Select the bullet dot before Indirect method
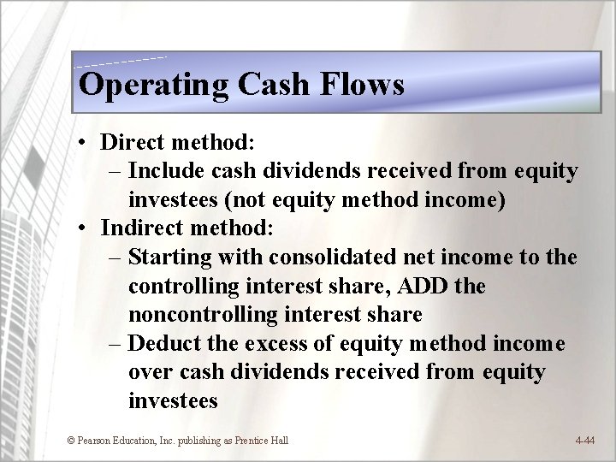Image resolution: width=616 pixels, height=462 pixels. pyautogui.click(x=87, y=228)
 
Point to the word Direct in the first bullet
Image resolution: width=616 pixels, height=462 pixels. pyautogui.click(x=129, y=143)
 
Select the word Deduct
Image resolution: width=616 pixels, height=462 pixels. pyautogui.click(x=172, y=343)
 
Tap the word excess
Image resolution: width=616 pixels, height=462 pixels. pyautogui.click(x=293, y=343)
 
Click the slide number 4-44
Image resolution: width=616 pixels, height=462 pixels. pyautogui.click(x=585, y=441)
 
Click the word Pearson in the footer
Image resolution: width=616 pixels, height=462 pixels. pyautogui.click(x=95, y=441)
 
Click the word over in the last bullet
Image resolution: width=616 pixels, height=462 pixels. pyautogui.click(x=147, y=372)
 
